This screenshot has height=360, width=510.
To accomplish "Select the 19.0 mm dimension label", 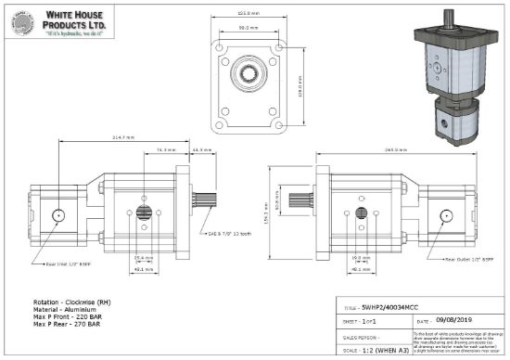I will pos(358,257).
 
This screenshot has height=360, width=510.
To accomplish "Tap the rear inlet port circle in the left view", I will pos(58,215).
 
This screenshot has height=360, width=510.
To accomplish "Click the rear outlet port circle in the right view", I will pos(447,216).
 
